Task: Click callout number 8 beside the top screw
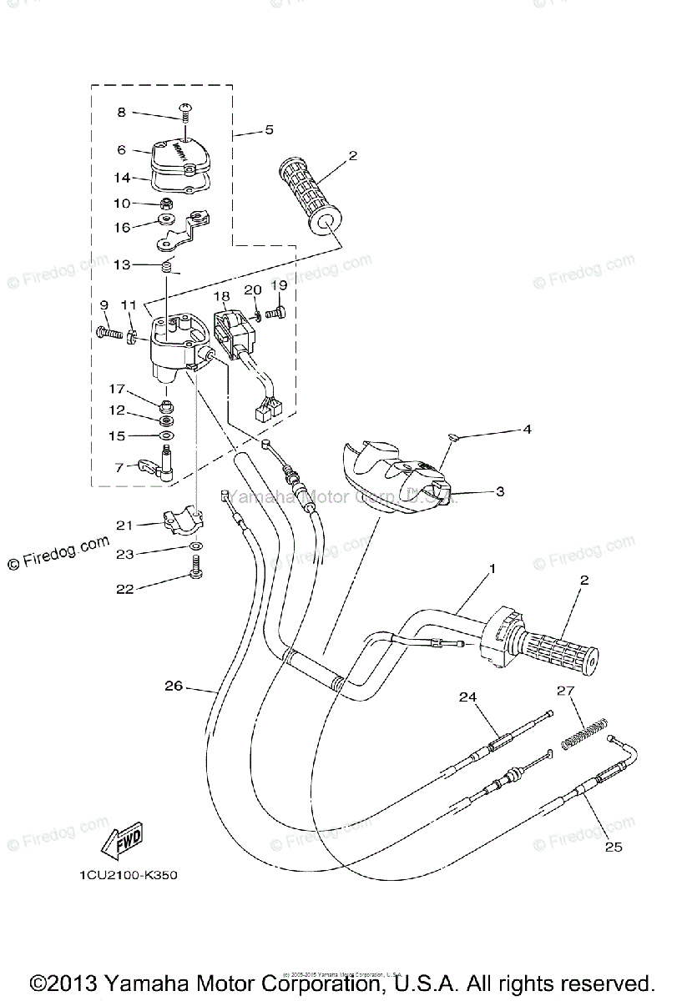tap(121, 112)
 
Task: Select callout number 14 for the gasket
tap(121, 177)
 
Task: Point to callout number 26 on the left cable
tap(174, 687)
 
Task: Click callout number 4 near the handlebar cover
tap(527, 430)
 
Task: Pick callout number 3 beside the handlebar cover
tap(500, 492)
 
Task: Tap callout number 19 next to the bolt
tap(279, 285)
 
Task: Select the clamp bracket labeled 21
tap(178, 525)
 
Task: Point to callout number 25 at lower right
tap(614, 848)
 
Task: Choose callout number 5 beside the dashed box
tap(269, 129)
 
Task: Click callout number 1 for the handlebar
tap(493, 568)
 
